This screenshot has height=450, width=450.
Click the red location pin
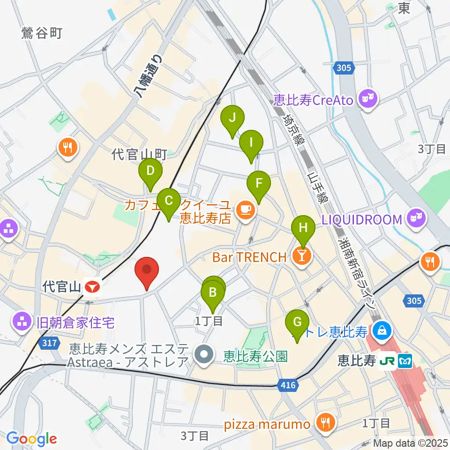[147, 271]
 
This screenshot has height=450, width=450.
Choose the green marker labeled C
[169, 202]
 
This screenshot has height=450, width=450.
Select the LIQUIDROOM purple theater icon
[415, 219]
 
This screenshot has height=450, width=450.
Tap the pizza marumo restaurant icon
[324, 423]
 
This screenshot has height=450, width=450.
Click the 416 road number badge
[289, 385]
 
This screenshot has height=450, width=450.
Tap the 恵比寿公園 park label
[255, 357]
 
